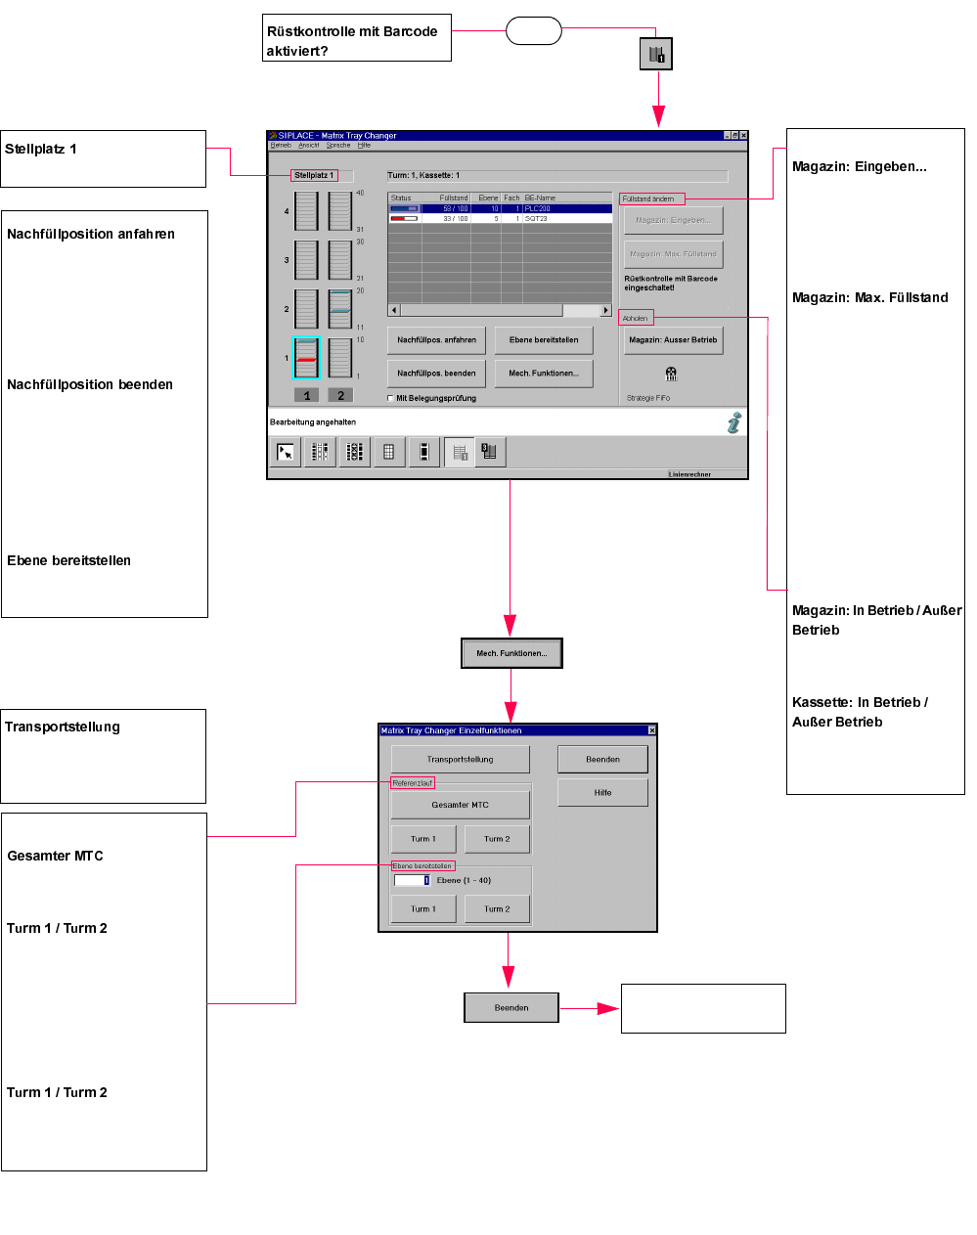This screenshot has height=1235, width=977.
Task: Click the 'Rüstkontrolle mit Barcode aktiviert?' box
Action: (356, 38)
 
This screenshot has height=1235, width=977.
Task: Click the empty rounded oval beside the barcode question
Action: (533, 31)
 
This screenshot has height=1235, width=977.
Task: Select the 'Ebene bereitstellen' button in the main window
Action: (544, 340)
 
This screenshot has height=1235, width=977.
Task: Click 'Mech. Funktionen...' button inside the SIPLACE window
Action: (544, 374)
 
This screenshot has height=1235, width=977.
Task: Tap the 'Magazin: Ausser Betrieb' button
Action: (673, 340)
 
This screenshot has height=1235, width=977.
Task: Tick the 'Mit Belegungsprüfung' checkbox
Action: (391, 399)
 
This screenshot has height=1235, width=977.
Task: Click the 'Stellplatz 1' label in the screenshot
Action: (314, 176)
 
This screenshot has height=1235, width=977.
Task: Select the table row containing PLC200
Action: (500, 209)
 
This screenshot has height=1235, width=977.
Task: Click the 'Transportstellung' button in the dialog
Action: (460, 760)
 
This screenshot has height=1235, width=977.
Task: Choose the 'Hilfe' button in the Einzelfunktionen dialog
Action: (602, 793)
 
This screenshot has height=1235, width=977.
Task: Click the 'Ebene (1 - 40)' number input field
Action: (412, 881)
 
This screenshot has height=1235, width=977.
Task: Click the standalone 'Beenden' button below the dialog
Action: (511, 1008)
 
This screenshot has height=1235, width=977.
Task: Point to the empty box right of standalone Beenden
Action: (703, 1009)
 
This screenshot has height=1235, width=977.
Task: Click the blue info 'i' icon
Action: (734, 422)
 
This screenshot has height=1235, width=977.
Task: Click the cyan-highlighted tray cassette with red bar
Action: (306, 358)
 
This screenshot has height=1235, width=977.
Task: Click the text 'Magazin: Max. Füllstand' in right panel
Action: (869, 298)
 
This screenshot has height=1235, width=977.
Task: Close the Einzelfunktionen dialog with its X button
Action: (652, 730)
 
